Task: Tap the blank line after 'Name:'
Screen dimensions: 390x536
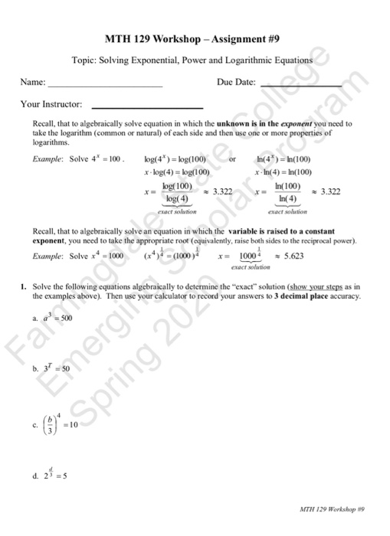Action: (106, 87)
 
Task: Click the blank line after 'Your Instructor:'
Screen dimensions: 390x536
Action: (147, 106)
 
